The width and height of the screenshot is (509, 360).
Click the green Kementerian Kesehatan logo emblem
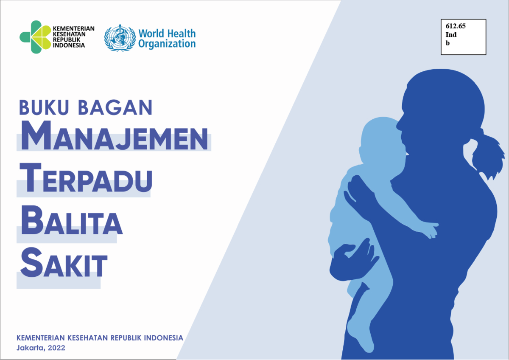(x=35, y=37)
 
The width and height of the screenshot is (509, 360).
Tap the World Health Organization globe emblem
(x=119, y=38)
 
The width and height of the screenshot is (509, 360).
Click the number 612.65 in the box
(x=456, y=26)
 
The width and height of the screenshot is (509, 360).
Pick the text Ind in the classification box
(x=451, y=34)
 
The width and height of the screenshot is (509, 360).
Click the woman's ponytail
(x=490, y=155)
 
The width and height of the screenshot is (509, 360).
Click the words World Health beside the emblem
(x=167, y=34)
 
